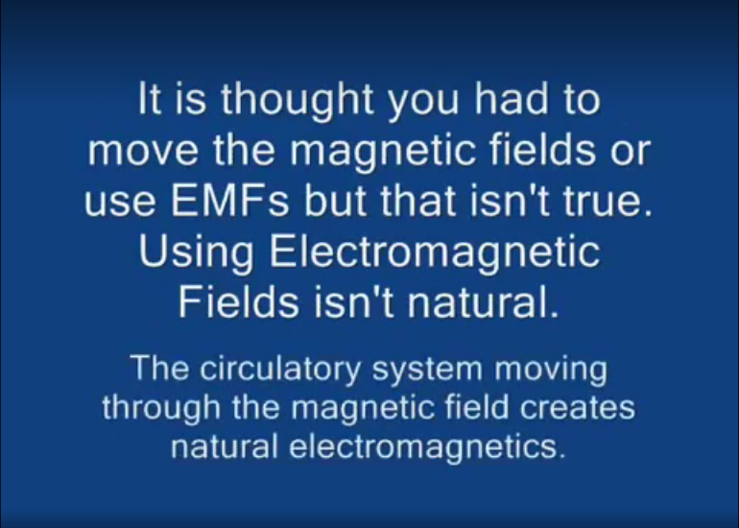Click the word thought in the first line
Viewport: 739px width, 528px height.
pos(298,101)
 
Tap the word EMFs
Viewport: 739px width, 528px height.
pos(230,200)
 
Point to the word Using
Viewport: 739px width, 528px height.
pos(196,253)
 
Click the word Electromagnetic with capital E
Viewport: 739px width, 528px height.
pos(435,253)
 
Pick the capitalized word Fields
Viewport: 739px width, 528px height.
pos(238,301)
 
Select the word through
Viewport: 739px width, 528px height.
pos(161,408)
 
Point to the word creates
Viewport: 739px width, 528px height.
pos(578,408)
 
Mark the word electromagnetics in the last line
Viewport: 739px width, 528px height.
pos(427,447)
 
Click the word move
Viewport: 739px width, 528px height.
pos(143,152)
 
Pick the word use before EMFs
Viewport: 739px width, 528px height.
pos(120,204)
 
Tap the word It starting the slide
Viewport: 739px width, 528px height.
pos(149,98)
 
